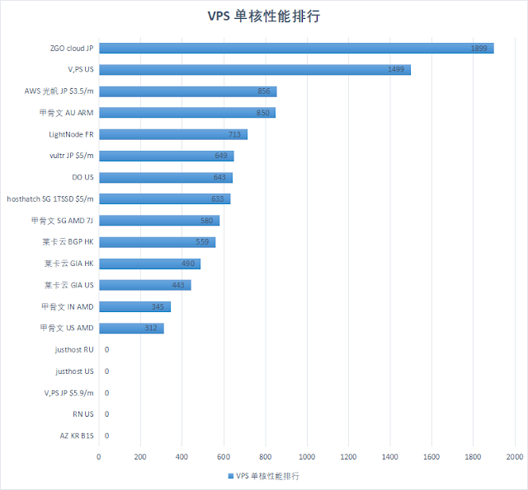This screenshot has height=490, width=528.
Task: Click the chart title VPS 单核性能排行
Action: tap(264, 16)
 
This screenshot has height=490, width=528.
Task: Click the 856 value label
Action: tap(264, 91)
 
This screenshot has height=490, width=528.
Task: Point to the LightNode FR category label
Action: tap(72, 134)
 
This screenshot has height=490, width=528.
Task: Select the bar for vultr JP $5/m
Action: tap(166, 156)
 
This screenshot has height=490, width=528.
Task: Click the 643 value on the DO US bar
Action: tap(219, 177)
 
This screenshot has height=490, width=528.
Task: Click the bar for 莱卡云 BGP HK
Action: tap(157, 242)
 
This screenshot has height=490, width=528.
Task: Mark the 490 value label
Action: tap(187, 264)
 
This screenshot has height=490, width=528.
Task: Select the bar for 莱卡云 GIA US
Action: tap(144, 285)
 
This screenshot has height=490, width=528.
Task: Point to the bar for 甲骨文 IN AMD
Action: tap(134, 306)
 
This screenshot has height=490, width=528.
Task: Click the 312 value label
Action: tap(151, 328)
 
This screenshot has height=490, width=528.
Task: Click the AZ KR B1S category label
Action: tap(76, 436)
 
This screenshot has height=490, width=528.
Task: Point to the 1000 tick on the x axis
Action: tap(307, 456)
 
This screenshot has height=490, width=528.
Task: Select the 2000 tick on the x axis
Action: tap(515, 456)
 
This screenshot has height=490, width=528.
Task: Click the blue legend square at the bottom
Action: tap(230, 476)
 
